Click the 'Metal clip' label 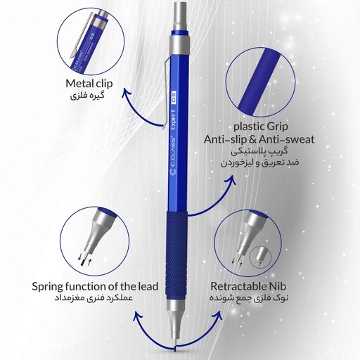89,84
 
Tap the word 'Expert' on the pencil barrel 174,120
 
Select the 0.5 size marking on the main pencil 174,97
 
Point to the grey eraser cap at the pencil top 180,16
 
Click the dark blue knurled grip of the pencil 177,255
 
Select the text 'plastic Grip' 261,127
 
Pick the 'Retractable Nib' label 248,286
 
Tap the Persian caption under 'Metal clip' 87,96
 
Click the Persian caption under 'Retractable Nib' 249,298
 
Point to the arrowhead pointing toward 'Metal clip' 127,92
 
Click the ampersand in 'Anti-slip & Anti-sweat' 252,140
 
